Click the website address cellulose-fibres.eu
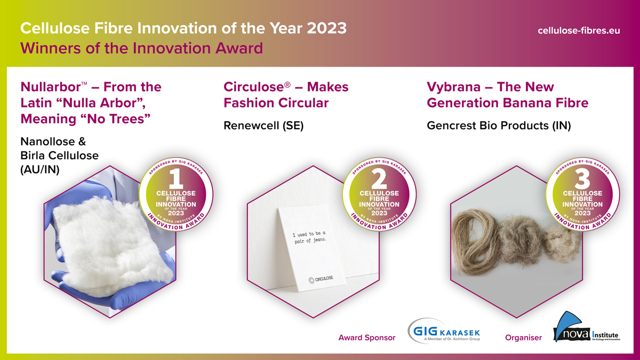click(579, 30)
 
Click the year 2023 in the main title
click(327, 28)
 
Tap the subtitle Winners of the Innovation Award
click(141, 48)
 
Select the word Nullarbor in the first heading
click(51, 86)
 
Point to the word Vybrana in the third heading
click(453, 87)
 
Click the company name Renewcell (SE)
click(263, 125)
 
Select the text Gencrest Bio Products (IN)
click(499, 125)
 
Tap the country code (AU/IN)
click(39, 170)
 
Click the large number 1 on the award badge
click(176, 179)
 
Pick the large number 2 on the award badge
click(379, 179)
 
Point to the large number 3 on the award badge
click(582, 179)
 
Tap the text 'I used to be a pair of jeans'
click(310, 237)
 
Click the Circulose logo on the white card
click(321, 279)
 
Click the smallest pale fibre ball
click(562, 243)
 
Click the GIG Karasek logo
click(444, 331)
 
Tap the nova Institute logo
click(586, 327)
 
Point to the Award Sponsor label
click(367, 338)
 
